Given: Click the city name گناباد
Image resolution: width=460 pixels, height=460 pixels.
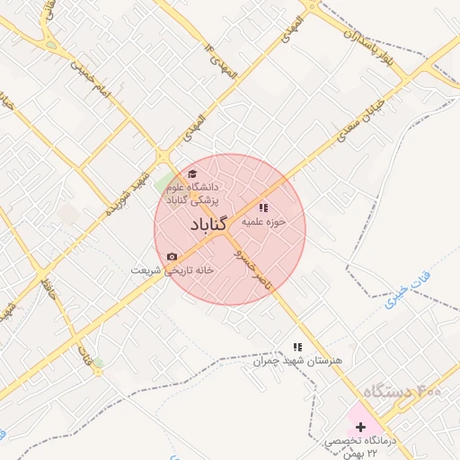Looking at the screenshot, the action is tap(209, 225).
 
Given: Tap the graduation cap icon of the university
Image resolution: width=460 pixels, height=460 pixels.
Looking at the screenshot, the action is tap(191, 173).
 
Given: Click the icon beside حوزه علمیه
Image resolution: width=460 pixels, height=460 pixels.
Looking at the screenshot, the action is tap(263, 207).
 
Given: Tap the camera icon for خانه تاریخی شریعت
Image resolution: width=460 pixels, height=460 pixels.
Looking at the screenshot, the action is tap(172, 257).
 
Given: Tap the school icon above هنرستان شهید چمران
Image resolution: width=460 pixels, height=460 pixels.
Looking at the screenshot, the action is tap(298, 346).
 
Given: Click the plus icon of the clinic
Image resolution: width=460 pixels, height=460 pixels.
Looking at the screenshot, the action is tap(360, 426).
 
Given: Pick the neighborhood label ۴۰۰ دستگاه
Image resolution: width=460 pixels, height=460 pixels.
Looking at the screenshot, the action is tap(401, 392).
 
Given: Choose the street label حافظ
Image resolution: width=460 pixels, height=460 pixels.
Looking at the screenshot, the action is tap(49, 287).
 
